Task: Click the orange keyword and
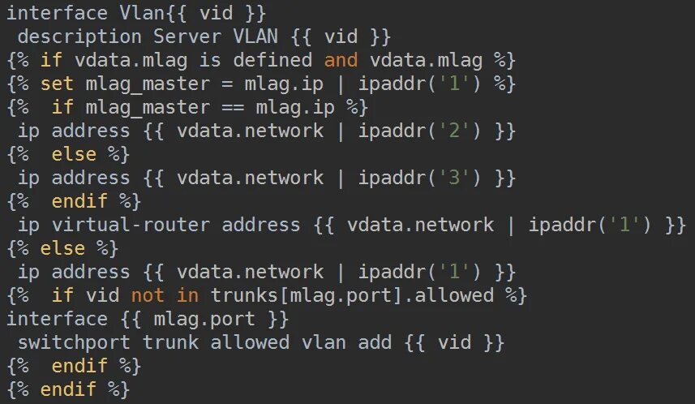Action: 340,60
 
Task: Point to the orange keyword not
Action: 147,295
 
